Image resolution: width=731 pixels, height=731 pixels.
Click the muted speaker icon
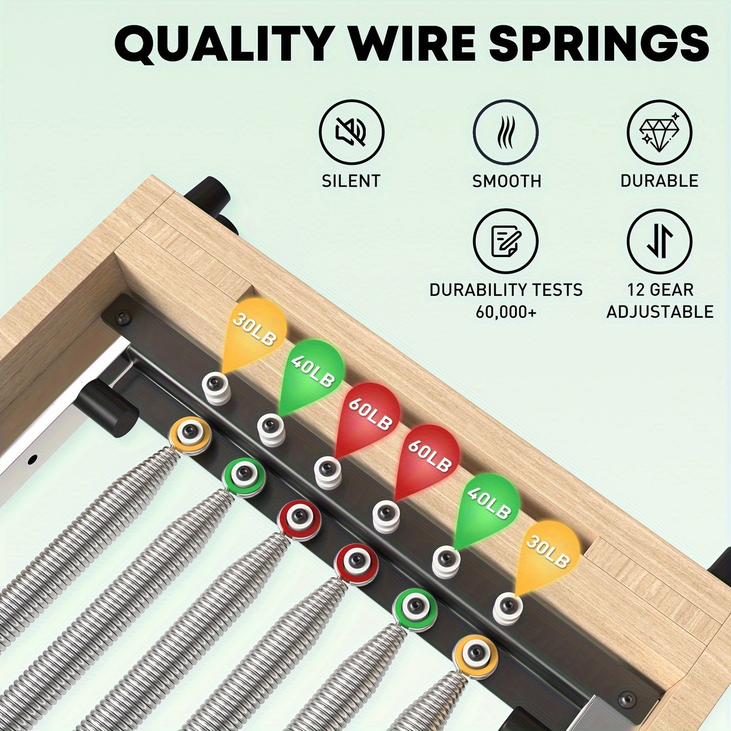pyautogui.click(x=352, y=132)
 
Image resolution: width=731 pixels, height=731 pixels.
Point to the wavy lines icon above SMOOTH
pyautogui.click(x=505, y=132)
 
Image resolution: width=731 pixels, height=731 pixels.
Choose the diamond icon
pyautogui.click(x=660, y=132)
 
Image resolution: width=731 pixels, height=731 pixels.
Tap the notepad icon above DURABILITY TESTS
pyautogui.click(x=505, y=241)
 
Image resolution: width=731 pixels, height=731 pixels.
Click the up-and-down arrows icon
pyautogui.click(x=660, y=241)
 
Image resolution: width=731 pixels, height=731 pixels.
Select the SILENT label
pyautogui.click(x=351, y=181)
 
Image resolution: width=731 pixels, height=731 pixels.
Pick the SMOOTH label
pyautogui.click(x=506, y=181)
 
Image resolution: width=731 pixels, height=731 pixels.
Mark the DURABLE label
pyautogui.click(x=660, y=181)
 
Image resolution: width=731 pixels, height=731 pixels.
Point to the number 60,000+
pyautogui.click(x=506, y=312)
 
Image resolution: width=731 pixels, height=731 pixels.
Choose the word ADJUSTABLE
pyautogui.click(x=660, y=312)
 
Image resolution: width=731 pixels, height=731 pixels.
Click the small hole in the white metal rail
pyautogui.click(x=33, y=460)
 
